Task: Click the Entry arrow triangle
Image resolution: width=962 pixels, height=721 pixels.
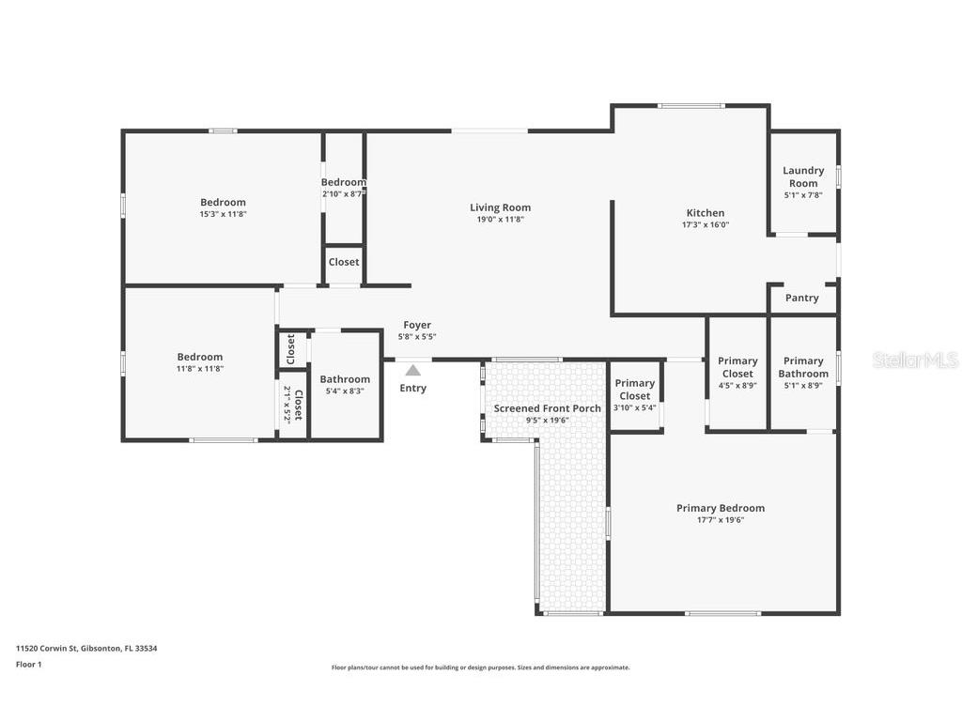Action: pyautogui.click(x=412, y=370)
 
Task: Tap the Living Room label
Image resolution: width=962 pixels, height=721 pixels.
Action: pyautogui.click(x=500, y=207)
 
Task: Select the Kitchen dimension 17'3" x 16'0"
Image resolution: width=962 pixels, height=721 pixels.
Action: pyautogui.click(x=705, y=225)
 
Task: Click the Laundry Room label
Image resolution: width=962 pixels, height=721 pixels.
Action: pyautogui.click(x=803, y=176)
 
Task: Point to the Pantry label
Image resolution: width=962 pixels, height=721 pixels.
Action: pyautogui.click(x=801, y=298)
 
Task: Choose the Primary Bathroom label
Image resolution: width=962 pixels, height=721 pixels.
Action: pyautogui.click(x=803, y=367)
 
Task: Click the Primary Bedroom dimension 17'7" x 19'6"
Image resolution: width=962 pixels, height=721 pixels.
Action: pyautogui.click(x=720, y=520)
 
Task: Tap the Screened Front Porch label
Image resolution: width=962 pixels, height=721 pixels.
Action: pyautogui.click(x=547, y=408)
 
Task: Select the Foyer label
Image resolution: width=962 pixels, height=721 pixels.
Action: pyautogui.click(x=417, y=325)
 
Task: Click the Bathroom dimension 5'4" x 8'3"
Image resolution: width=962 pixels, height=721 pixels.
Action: pyautogui.click(x=345, y=391)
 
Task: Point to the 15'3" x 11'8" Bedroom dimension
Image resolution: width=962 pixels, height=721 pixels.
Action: pyautogui.click(x=223, y=214)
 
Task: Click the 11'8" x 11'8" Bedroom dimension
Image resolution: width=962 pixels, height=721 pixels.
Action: pyautogui.click(x=200, y=369)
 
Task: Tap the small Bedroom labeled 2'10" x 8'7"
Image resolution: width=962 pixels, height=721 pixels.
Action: pyautogui.click(x=343, y=182)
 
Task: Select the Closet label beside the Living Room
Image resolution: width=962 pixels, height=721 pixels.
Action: pyautogui.click(x=344, y=262)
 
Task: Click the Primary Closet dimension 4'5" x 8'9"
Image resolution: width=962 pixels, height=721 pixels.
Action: pyautogui.click(x=737, y=385)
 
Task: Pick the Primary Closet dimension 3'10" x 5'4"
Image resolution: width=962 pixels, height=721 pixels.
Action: pyautogui.click(x=634, y=407)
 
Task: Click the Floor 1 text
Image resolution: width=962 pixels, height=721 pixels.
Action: pyautogui.click(x=29, y=665)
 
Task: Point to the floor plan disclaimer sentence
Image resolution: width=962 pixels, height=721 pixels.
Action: pyautogui.click(x=480, y=667)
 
